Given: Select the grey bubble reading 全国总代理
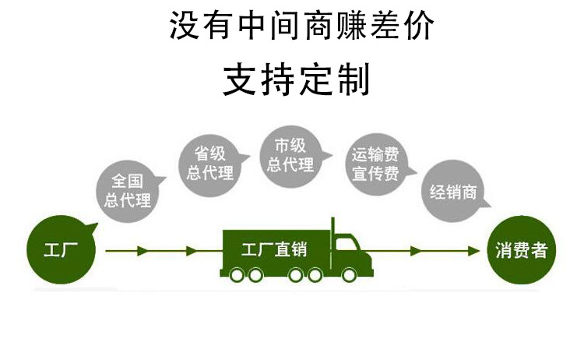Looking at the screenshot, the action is pyautogui.click(x=128, y=190).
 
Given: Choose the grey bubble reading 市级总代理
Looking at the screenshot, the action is pyautogui.click(x=290, y=155).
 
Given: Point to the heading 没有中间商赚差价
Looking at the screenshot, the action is pyautogui.click(x=301, y=26).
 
